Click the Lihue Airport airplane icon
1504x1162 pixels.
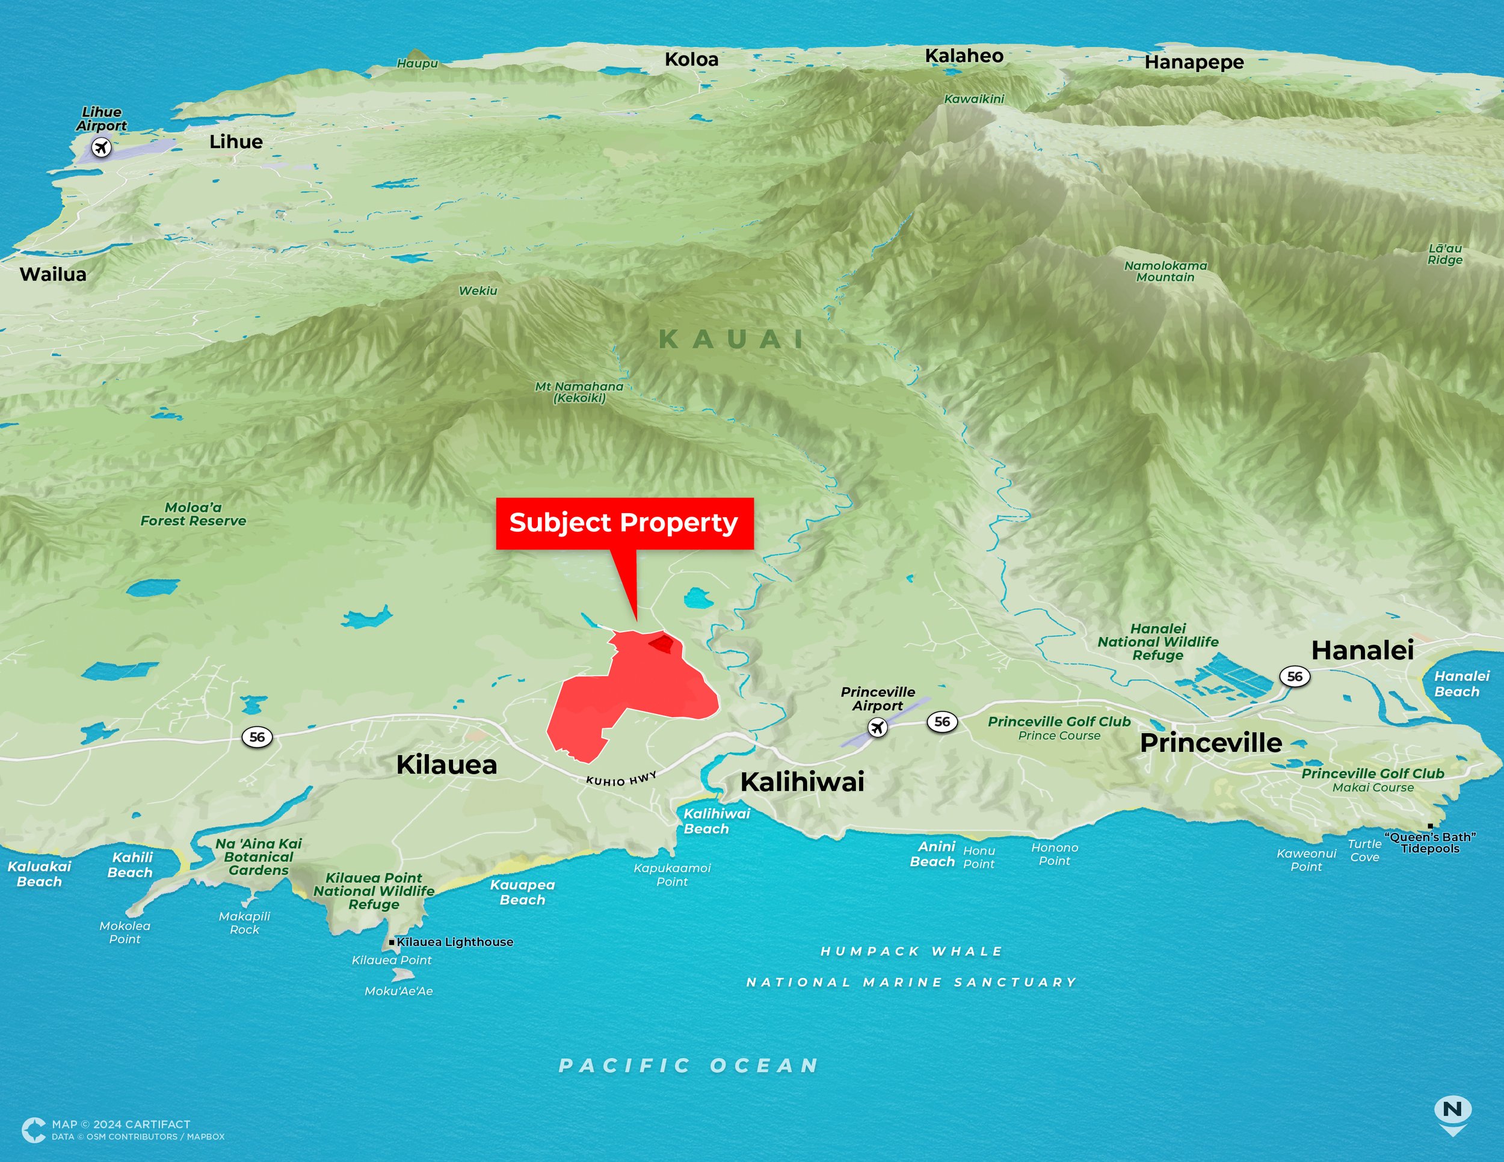[x=101, y=147]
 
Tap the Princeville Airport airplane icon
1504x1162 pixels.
[x=877, y=727]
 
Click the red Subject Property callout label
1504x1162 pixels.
[x=624, y=523]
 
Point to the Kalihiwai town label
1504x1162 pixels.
[x=803, y=782]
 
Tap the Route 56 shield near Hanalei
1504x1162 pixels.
[x=1295, y=676]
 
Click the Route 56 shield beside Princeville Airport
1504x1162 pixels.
[x=942, y=721]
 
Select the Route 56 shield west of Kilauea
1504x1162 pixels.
[x=257, y=737]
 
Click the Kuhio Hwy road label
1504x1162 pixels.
[x=621, y=779]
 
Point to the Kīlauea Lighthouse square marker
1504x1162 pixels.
[x=392, y=942]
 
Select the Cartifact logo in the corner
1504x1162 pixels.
[x=33, y=1130]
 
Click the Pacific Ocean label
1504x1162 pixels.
[x=689, y=1066]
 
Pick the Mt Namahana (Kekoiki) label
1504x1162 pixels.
[x=579, y=392]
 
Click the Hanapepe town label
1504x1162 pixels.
[x=1194, y=63]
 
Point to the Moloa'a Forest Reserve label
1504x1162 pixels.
[x=194, y=514]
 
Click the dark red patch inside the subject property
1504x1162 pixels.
[x=661, y=644]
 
